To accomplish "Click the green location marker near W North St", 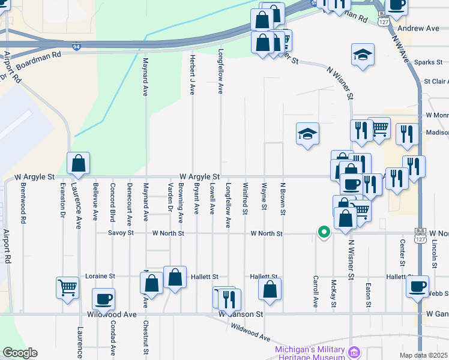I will click(324, 232).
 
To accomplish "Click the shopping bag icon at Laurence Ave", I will click(78, 163).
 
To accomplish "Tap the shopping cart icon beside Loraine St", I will click(67, 287).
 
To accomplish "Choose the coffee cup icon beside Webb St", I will click(417, 287).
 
